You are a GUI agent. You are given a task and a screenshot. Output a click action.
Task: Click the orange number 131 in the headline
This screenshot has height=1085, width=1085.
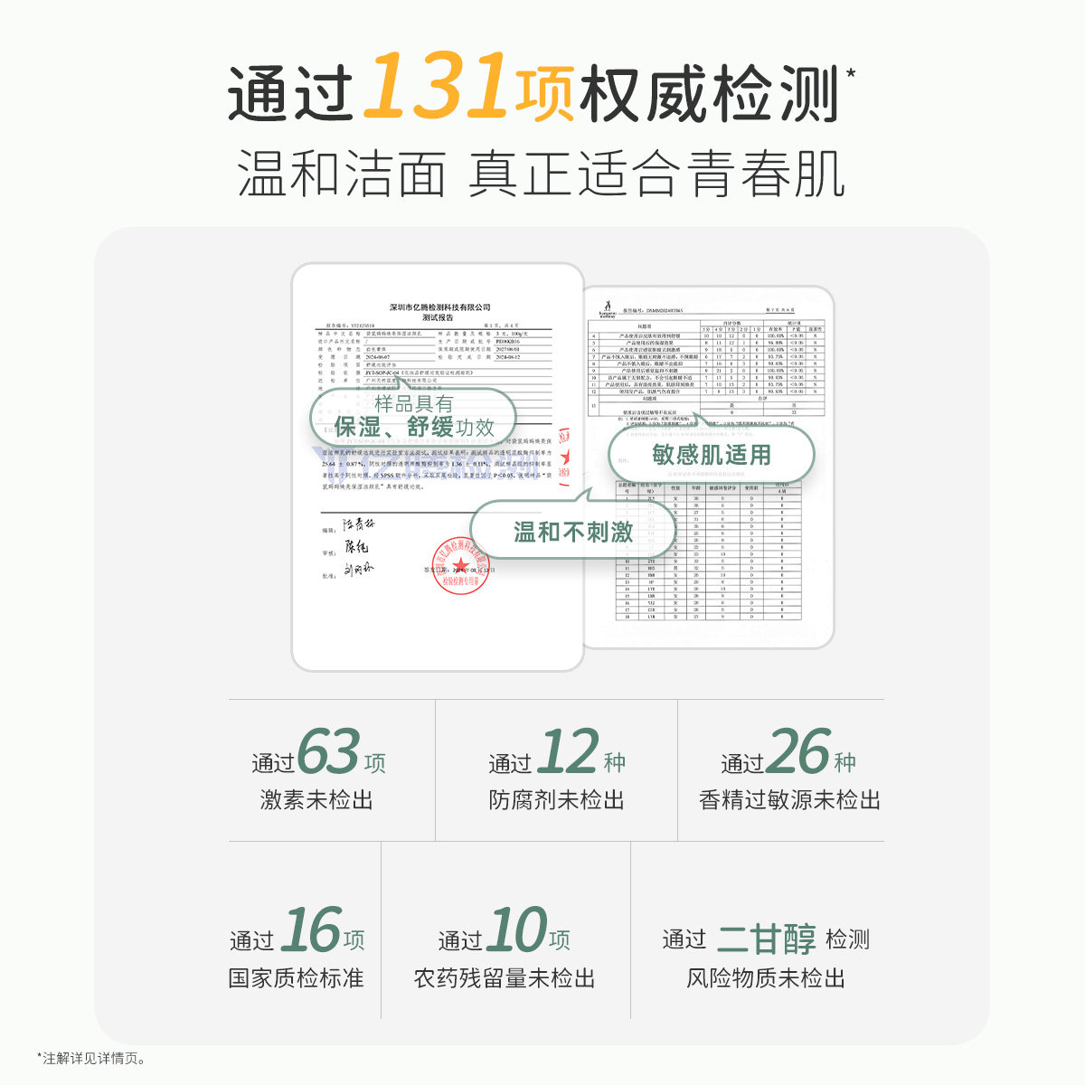coord(437,87)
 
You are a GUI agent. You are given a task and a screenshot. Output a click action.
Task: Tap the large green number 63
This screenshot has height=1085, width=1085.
coord(328,752)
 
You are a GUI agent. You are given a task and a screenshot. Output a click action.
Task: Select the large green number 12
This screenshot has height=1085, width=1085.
coord(567,752)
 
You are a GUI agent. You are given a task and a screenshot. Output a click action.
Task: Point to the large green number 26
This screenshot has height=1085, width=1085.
coord(798,752)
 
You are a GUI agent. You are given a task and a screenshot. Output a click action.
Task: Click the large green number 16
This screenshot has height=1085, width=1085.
coord(310,930)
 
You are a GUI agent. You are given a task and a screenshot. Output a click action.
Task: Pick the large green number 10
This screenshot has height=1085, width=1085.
coord(516,930)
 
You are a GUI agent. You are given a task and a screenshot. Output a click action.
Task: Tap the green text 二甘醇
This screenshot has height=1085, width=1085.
coord(766,939)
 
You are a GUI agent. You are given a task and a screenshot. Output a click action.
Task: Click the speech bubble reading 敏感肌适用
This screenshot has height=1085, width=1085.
coord(712,455)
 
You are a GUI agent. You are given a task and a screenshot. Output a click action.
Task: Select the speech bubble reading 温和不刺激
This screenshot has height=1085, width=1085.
coord(573,533)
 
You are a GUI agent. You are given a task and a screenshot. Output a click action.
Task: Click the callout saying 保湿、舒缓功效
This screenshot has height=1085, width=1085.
coord(414,417)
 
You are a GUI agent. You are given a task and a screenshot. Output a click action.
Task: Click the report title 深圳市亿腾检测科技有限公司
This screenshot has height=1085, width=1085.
coord(439,307)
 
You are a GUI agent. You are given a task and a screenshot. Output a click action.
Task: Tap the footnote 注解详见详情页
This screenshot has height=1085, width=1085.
coord(93,1058)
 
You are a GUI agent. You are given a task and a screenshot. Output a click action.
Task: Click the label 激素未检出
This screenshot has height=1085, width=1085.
coord(316,800)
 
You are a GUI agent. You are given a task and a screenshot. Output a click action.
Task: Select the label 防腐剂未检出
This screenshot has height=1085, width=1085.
coord(556,800)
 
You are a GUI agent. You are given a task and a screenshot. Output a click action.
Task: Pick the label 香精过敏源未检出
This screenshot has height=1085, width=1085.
coord(789,800)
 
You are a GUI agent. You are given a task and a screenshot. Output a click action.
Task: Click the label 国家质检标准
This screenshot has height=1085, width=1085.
coord(296,978)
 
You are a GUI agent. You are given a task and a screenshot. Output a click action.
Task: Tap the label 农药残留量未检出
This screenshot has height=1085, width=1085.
coord(505,978)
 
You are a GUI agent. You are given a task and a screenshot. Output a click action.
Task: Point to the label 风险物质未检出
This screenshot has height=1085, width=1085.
coord(765,978)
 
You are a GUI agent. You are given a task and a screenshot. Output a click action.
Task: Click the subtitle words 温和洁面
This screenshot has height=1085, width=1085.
coord(342,175)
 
